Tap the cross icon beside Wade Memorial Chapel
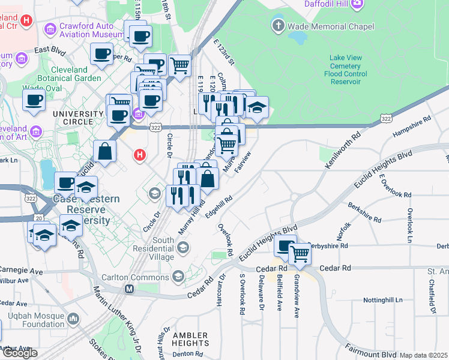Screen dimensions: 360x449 point(278,26)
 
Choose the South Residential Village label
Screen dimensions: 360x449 point(155,245)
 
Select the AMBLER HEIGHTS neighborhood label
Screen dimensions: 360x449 point(190,340)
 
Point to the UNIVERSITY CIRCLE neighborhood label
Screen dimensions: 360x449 point(78,114)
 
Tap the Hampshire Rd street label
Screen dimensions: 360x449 point(412,127)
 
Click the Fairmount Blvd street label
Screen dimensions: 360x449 point(370,347)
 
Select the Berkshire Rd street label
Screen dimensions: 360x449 point(364,212)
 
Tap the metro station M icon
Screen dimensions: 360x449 point(128,289)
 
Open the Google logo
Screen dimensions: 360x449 point(20,353)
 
